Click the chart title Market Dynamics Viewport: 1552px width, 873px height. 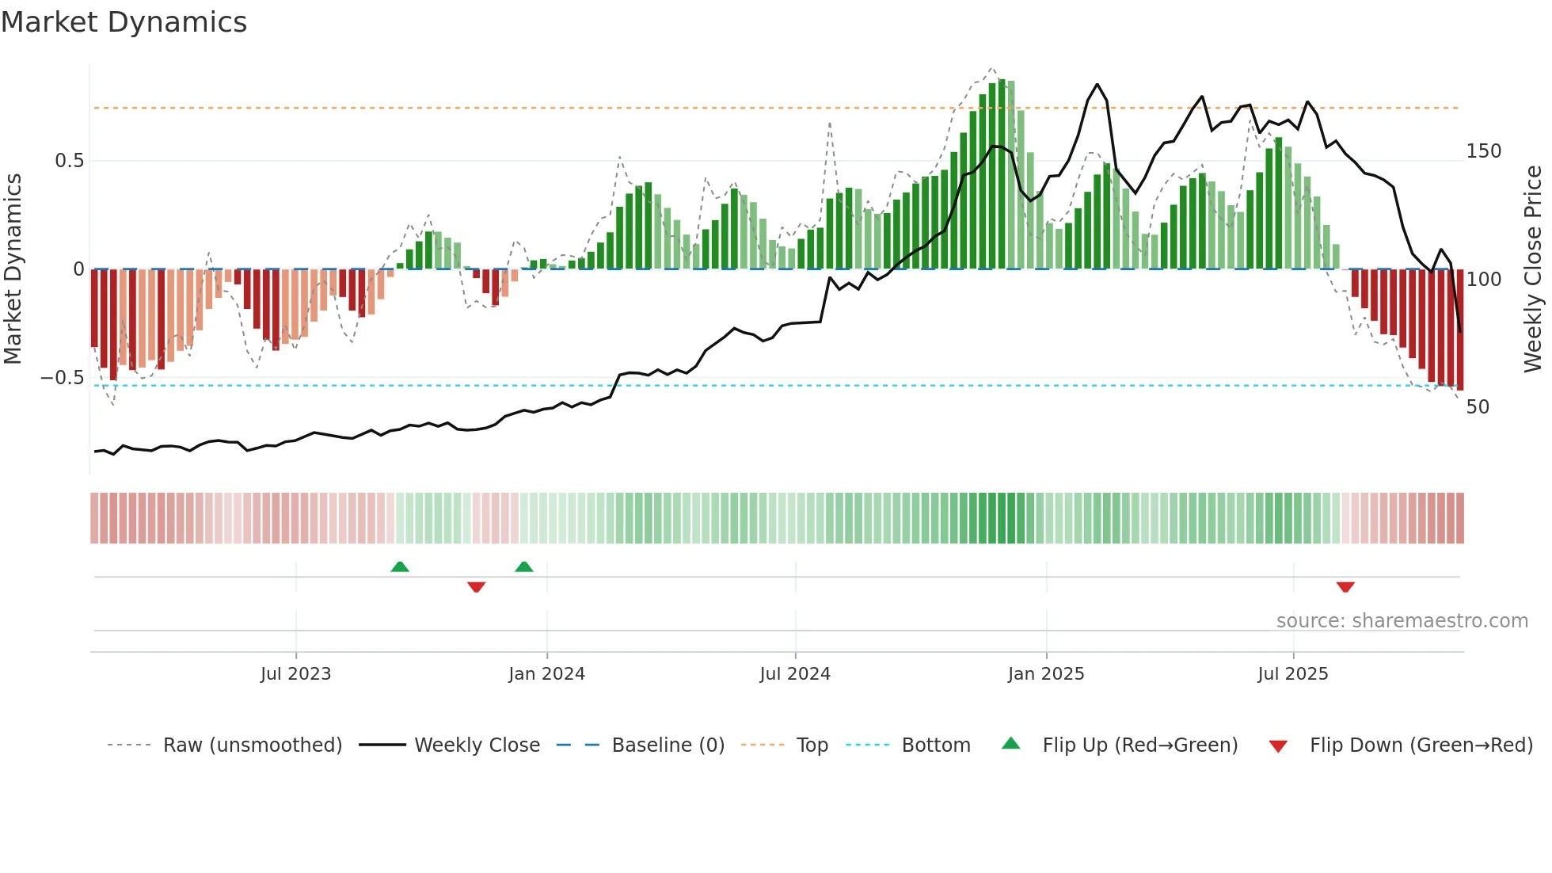tap(124, 22)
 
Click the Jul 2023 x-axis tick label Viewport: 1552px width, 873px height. tap(295, 674)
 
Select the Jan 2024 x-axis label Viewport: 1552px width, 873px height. tap(546, 674)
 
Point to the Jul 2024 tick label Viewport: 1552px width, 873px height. tap(795, 674)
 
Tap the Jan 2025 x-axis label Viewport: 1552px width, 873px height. tap(1046, 674)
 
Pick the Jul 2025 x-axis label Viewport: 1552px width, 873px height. tap(1293, 674)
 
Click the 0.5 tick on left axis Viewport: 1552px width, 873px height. tap(69, 161)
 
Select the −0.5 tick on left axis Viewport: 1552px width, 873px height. tap(63, 378)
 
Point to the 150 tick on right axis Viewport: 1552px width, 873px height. tap(1484, 151)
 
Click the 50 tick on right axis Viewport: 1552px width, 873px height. tap(1478, 407)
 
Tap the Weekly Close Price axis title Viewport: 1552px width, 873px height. tap(1534, 269)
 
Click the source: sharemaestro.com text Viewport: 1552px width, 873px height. tap(1402, 621)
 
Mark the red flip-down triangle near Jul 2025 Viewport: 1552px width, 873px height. tap(1345, 587)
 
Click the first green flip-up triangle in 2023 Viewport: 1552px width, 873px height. tap(400, 566)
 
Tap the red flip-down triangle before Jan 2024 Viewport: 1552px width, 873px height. tap(476, 587)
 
